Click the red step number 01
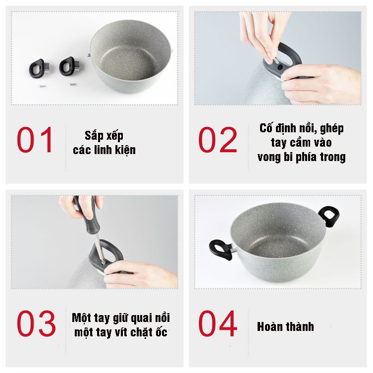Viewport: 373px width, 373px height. pyautogui.click(x=35, y=139)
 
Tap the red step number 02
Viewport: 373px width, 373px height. pyautogui.click(x=217, y=140)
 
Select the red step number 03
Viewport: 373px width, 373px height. pyautogui.click(x=36, y=323)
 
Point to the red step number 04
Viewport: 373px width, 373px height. pyautogui.click(x=217, y=323)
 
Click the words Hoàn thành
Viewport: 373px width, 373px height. pyautogui.click(x=285, y=326)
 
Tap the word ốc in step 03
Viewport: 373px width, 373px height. pyautogui.click(x=161, y=332)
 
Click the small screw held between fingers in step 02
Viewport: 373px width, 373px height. pyautogui.click(x=276, y=60)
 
